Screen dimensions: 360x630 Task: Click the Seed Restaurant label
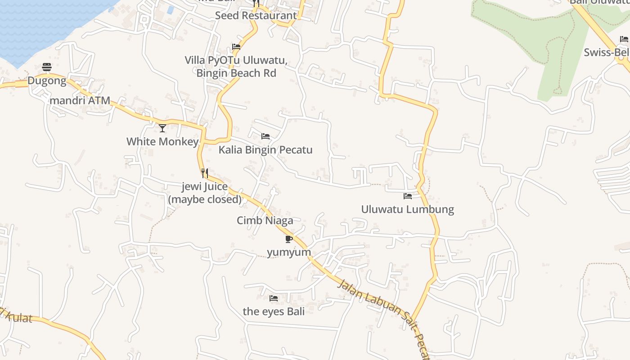[256, 15]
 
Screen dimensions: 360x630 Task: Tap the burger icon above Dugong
[47, 67]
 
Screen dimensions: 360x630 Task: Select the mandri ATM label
[80, 100]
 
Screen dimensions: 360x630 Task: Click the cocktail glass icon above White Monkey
[162, 128]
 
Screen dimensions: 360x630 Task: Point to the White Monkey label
[162, 142]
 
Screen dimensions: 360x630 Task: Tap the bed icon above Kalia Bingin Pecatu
[265, 136]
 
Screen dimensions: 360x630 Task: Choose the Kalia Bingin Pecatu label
[265, 150]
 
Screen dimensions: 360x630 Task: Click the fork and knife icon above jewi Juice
[205, 173]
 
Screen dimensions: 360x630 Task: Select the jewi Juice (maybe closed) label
[205, 193]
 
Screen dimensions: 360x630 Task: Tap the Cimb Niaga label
[265, 220]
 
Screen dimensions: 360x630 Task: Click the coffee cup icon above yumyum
[289, 239]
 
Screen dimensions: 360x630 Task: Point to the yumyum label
[289, 252]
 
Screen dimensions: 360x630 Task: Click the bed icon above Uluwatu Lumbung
[408, 196]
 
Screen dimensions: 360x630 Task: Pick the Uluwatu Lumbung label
[408, 209]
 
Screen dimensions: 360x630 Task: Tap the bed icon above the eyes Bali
[273, 298]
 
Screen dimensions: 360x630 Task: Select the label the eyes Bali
[274, 311]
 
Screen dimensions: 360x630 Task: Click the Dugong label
[47, 81]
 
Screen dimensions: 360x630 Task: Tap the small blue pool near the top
[171, 9]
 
